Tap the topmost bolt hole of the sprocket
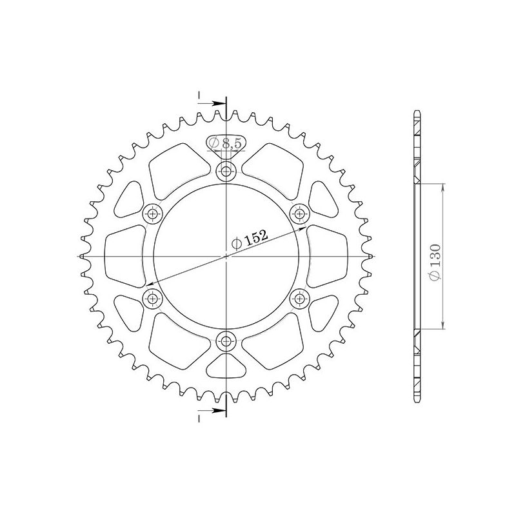226,171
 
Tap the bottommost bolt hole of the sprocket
226,341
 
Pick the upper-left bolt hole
153,213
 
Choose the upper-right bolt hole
300,213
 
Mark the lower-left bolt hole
153,298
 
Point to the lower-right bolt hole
300,298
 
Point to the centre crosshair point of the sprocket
226,256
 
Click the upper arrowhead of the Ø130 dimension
444,187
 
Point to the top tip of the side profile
417,114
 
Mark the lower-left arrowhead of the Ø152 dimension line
150,284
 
